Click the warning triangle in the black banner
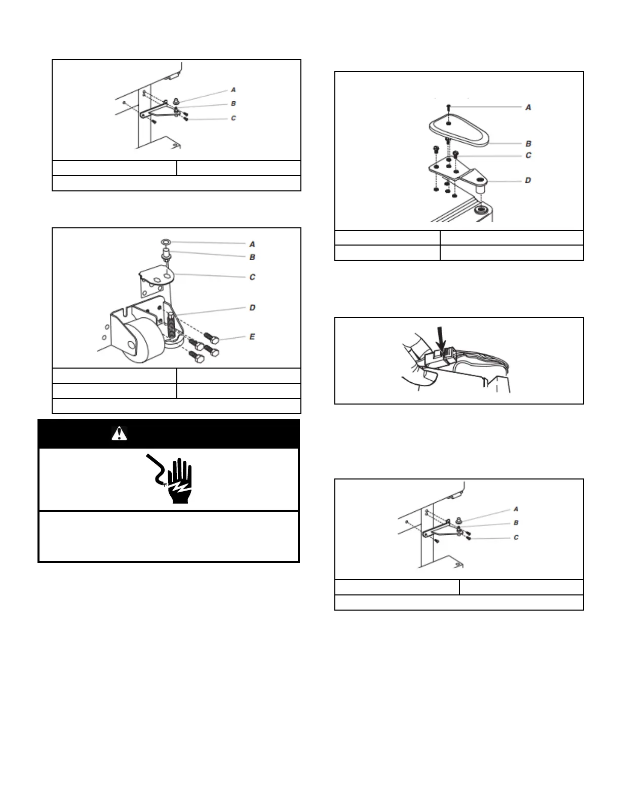pos(119,434)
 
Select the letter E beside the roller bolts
pos(252,337)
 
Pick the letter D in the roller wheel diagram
pos(252,307)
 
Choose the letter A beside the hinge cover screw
pos(528,107)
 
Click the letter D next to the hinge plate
pos(528,180)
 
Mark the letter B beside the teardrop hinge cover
pos(528,144)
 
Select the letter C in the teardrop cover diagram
pos(528,155)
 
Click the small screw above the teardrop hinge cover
pos(449,107)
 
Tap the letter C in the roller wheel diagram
pos(252,277)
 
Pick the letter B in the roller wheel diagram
pos(252,257)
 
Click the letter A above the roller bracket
pos(252,245)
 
